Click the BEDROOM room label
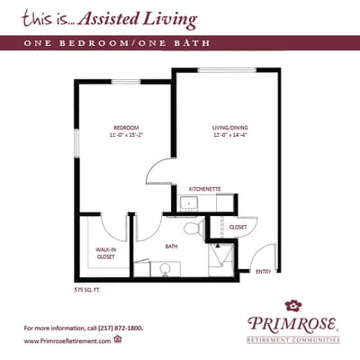pyautogui.click(x=124, y=128)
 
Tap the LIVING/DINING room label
pyautogui.click(x=225, y=128)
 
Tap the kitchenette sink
pyautogui.click(x=187, y=202)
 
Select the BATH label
pyautogui.click(x=171, y=247)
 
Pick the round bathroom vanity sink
pyautogui.click(x=166, y=267)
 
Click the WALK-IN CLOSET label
pyautogui.click(x=106, y=253)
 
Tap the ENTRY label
pyautogui.click(x=263, y=271)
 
